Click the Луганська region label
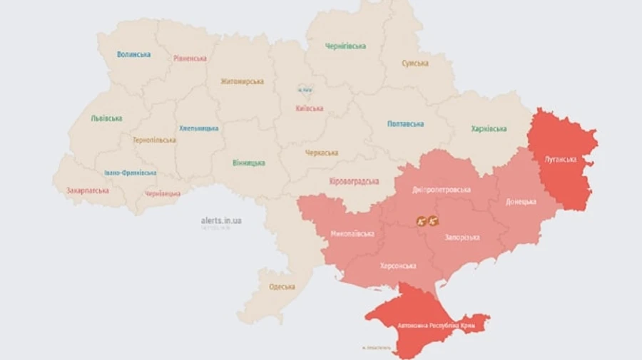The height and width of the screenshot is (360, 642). tap(560, 159)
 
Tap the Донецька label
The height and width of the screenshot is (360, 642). tap(521, 202)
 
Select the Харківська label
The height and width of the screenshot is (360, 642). tap(489, 129)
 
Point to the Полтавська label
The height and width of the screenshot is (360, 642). tap(405, 123)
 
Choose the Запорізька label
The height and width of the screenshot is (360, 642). tap(462, 237)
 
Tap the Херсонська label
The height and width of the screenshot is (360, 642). tap(399, 266)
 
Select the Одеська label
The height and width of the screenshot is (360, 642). tap(282, 287)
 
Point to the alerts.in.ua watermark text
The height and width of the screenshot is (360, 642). tap(221, 220)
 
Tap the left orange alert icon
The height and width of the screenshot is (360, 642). tap(422, 221)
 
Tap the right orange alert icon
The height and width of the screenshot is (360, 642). tap(433, 221)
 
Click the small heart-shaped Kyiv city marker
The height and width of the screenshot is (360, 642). tap(305, 89)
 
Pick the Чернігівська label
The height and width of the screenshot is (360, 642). tap(345, 46)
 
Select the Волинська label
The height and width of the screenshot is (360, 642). tap(133, 54)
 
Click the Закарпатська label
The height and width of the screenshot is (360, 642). tap(88, 191)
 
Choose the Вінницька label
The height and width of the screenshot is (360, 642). tap(248, 163)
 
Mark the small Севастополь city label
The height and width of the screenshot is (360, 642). tap(376, 348)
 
